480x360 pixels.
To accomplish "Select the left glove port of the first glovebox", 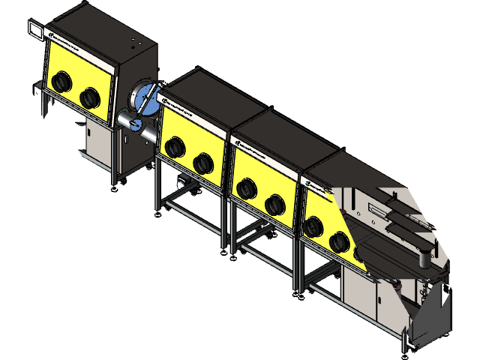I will (61, 80).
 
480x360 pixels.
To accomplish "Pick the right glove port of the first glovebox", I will (90, 95).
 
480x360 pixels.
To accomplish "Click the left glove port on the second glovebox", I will (175, 146).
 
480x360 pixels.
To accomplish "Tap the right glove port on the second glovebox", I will (202, 162).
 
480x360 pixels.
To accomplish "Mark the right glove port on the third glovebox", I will (274, 203).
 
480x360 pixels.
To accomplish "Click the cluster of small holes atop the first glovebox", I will (133, 37).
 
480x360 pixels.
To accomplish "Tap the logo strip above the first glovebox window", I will (72, 41).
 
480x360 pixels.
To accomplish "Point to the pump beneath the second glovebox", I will (181, 182).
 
